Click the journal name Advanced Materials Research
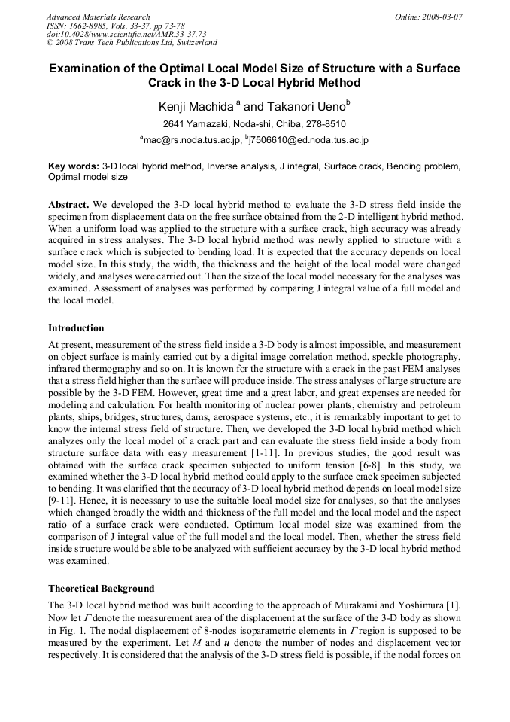point(98,17)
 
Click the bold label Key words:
point(73,166)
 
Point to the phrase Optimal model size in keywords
point(88,177)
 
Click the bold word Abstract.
point(68,204)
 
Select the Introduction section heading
point(76,328)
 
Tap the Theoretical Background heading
point(101,588)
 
